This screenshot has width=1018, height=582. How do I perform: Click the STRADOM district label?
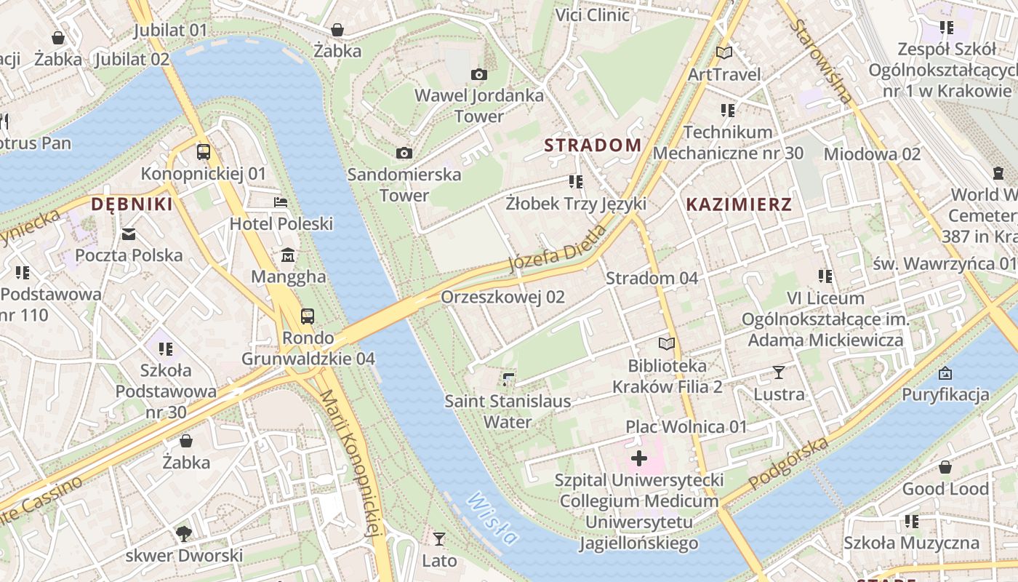tap(593, 145)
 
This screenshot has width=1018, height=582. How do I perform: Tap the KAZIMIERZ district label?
tap(739, 204)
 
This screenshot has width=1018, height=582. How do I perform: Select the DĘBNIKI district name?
tap(132, 204)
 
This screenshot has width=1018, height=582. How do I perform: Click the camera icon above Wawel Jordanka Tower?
tap(478, 74)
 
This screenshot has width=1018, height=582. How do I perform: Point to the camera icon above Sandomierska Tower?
tap(404, 153)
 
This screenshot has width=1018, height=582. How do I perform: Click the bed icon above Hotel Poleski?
tap(281, 202)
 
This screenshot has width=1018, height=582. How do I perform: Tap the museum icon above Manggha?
tap(289, 255)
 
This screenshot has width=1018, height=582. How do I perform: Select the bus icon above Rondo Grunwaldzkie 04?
tap(308, 316)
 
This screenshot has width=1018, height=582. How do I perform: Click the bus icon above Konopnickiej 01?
tap(204, 152)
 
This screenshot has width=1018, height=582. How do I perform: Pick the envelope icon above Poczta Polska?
tap(129, 234)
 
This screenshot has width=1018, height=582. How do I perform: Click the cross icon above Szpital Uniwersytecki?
tap(638, 458)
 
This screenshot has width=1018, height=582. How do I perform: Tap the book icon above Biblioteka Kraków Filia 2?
tap(666, 343)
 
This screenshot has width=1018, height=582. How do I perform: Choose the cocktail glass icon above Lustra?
tap(779, 372)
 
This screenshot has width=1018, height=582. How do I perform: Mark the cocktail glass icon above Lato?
tap(438, 539)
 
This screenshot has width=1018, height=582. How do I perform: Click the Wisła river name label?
tap(493, 519)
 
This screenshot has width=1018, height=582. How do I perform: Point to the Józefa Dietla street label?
tap(557, 248)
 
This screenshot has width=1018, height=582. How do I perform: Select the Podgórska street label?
tap(789, 463)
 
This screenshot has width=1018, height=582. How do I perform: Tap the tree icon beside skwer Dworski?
tap(184, 534)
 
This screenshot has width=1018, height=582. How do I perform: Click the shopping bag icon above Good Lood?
tap(945, 467)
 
